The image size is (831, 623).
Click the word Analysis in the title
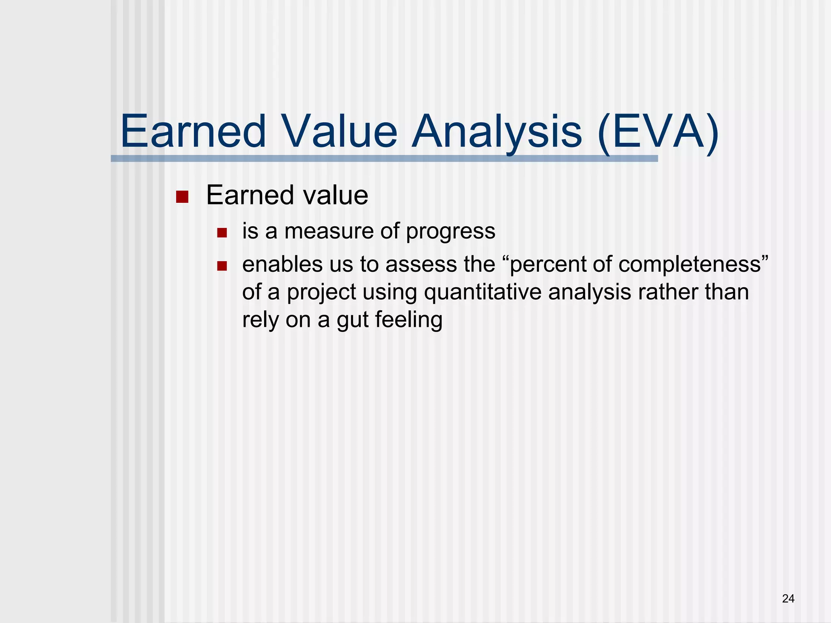497,132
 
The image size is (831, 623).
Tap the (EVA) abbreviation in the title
658,132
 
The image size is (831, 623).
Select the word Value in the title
339,132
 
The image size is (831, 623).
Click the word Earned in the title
193,132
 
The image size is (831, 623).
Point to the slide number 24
788,599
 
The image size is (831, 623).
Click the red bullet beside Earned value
182,197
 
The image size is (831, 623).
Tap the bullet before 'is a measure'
222,233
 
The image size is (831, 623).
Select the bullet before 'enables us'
222,266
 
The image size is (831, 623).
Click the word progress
450,232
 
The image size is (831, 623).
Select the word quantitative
482,292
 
